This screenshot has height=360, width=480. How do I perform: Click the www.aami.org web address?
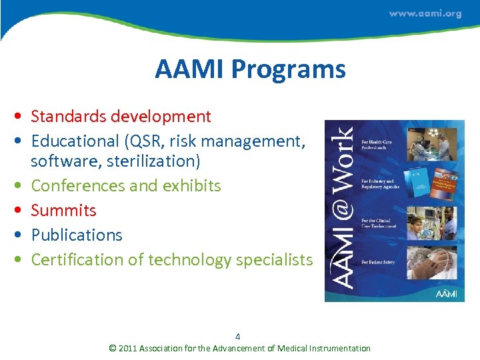point(425,13)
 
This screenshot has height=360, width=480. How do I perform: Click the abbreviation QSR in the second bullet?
point(161,141)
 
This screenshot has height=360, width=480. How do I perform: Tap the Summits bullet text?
point(63,211)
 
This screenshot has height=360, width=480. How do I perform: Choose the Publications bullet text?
point(77,235)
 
